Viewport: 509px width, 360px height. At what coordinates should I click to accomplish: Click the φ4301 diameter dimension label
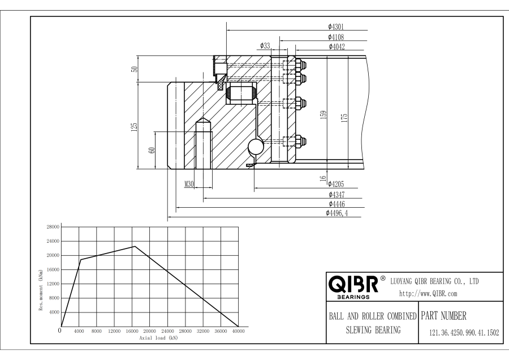(335, 27)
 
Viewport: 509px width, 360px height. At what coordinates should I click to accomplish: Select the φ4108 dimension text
(335, 37)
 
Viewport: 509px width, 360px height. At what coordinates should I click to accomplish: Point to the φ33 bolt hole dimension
(265, 46)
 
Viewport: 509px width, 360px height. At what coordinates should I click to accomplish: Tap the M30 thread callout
(189, 184)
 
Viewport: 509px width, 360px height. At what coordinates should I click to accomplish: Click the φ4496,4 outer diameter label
(337, 213)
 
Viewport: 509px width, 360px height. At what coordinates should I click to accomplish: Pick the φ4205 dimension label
(335, 184)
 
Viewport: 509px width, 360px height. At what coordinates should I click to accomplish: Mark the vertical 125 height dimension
(134, 127)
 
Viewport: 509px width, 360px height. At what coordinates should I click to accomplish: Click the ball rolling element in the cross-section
(256, 147)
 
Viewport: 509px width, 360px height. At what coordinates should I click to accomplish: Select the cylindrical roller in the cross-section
(241, 93)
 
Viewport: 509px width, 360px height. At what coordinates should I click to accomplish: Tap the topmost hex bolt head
(301, 65)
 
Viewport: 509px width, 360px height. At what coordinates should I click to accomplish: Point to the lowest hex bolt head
(301, 141)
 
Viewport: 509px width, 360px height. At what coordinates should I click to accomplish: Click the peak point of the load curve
(135, 246)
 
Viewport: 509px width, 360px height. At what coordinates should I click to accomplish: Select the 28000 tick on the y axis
(53, 227)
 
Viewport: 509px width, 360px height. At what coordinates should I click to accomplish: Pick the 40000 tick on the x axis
(238, 331)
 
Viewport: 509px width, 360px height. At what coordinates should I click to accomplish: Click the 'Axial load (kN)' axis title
(159, 338)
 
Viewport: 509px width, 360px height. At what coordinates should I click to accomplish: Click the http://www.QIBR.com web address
(428, 294)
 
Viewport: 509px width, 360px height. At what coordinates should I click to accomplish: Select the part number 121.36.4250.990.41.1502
(464, 333)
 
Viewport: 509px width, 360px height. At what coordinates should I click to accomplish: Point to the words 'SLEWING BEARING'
(373, 330)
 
